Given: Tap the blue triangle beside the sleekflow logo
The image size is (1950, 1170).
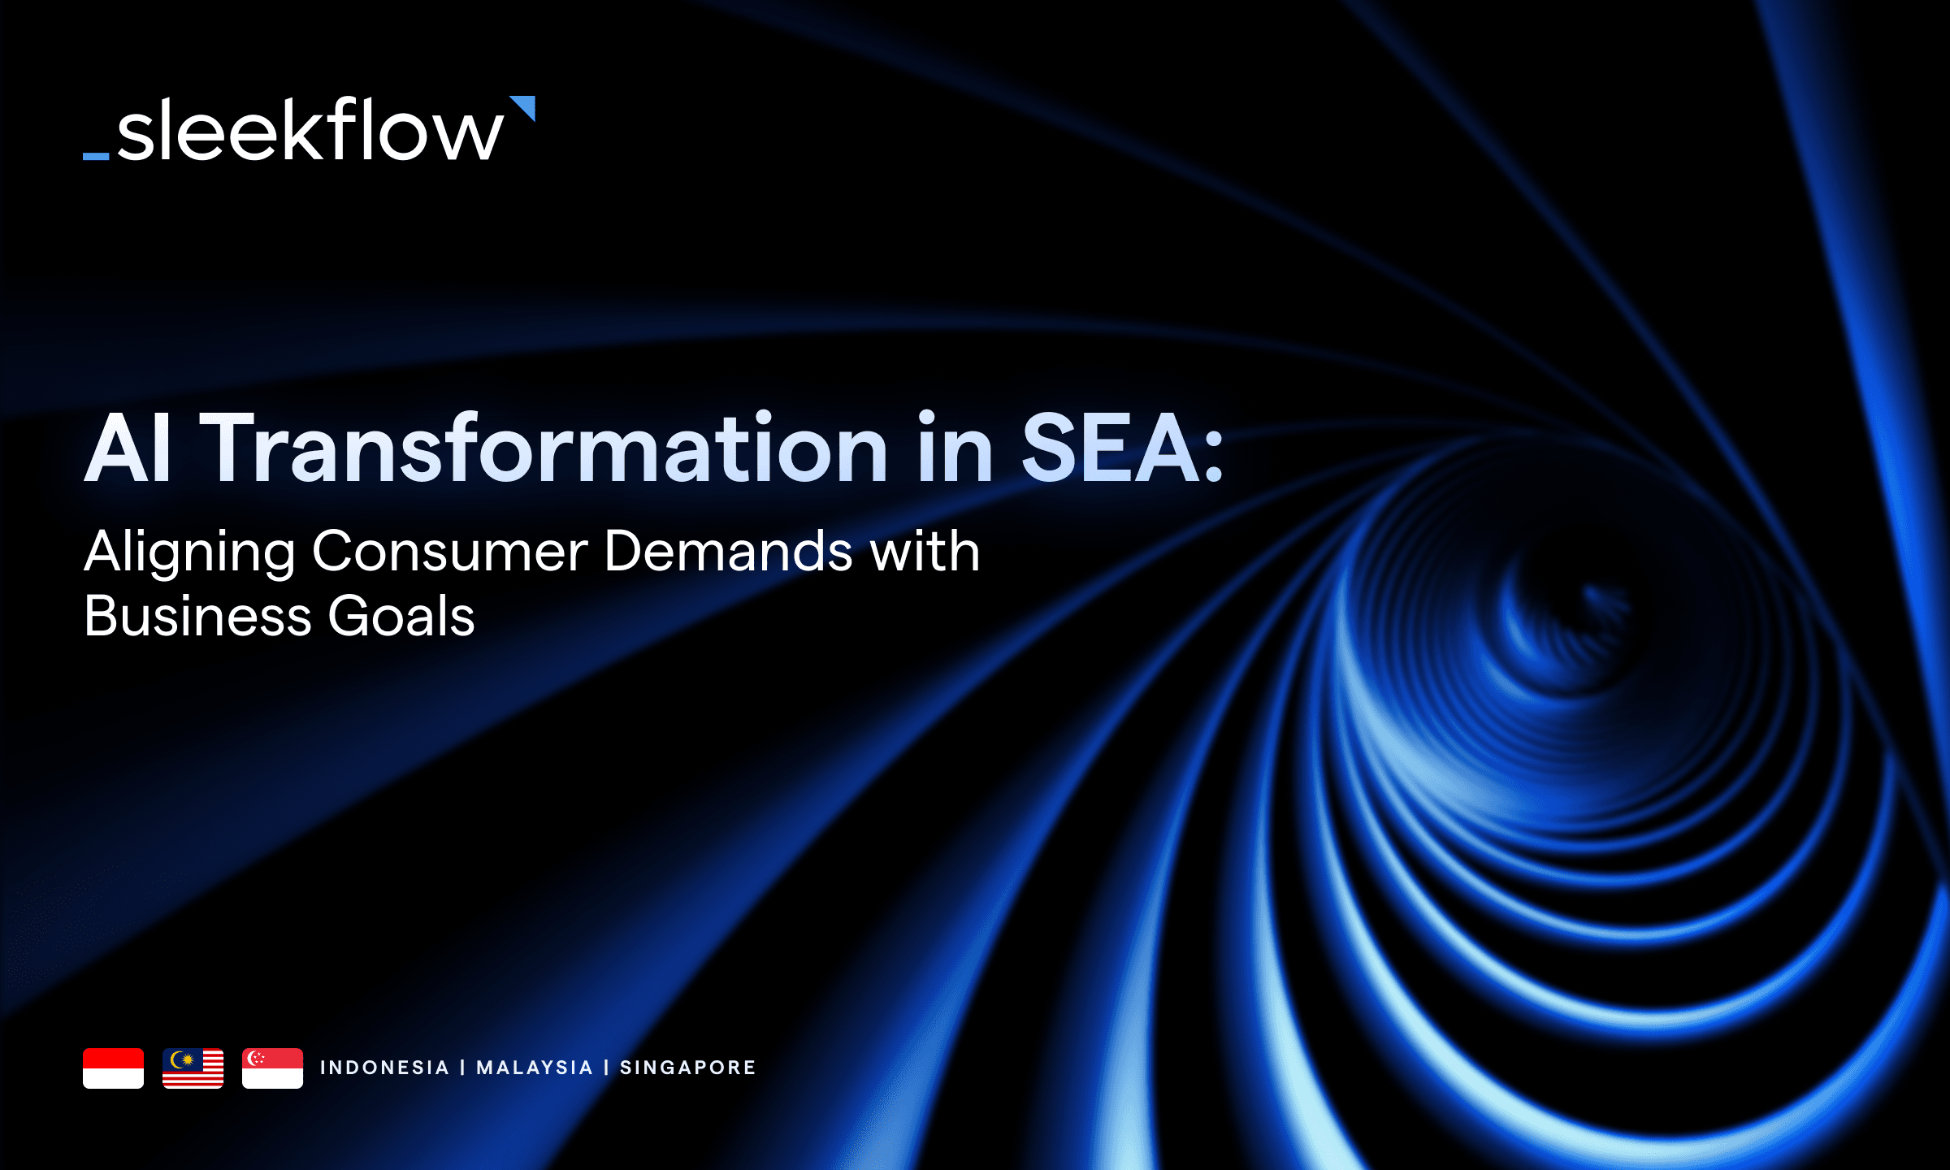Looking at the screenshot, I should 524,107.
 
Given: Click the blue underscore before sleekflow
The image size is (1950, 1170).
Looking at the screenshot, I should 96,155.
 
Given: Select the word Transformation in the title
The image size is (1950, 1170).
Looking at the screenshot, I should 544,448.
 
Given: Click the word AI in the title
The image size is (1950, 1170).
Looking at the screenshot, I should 128,448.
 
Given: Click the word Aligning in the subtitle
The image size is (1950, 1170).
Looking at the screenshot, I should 189,552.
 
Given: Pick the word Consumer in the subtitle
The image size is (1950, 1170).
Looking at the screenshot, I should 449,551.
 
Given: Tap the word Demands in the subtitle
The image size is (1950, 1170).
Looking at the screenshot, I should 728,551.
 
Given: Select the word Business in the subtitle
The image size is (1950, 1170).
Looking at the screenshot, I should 197,616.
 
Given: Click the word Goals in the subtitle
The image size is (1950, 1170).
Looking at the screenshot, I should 401,616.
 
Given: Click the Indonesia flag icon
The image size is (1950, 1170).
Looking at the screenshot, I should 113,1068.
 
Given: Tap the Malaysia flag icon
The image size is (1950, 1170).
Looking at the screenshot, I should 193,1068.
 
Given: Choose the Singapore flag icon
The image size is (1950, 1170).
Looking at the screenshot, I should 272,1068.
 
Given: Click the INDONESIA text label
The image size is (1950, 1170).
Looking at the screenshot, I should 384,1068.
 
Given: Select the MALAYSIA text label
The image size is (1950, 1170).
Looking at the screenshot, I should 535,1068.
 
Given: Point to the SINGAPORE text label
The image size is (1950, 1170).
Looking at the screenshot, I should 687,1068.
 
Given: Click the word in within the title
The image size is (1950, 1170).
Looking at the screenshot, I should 955,448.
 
